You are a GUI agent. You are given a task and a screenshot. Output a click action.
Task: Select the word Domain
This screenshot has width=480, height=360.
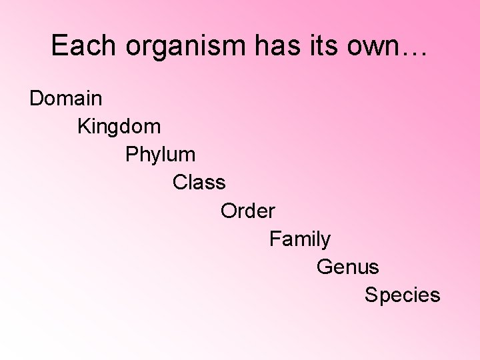point(66,99)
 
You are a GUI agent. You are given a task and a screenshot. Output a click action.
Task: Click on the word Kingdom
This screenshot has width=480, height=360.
point(119,127)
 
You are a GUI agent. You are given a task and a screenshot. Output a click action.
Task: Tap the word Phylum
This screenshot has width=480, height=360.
point(160,155)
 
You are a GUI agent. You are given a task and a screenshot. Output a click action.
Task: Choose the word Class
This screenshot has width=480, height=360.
point(199,182)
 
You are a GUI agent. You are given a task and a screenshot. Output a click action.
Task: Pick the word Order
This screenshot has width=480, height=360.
point(247,211)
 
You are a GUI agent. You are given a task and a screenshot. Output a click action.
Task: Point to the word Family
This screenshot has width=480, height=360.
point(299,239)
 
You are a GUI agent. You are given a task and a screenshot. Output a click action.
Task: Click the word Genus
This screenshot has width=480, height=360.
point(347,267)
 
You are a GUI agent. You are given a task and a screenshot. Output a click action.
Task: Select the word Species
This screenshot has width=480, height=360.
point(402,295)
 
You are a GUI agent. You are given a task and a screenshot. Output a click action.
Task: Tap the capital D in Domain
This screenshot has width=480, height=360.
point(37,99)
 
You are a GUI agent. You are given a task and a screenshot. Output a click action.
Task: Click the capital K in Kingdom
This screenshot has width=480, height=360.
point(85,126)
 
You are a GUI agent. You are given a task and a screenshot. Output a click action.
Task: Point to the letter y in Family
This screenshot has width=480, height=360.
point(325,241)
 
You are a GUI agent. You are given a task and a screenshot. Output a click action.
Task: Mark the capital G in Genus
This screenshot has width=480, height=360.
point(325,267)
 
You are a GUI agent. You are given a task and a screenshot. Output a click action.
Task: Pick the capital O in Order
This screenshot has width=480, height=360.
point(229,211)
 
